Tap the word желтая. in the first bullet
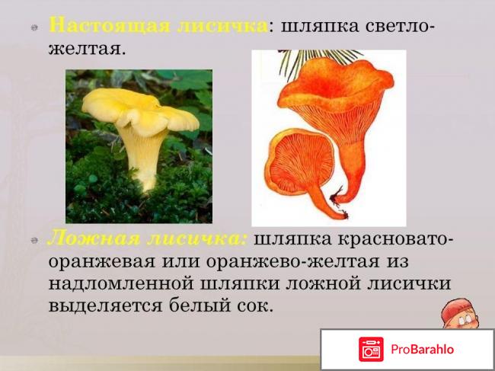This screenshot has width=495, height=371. [83, 49]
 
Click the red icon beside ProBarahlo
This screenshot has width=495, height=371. [372, 350]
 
